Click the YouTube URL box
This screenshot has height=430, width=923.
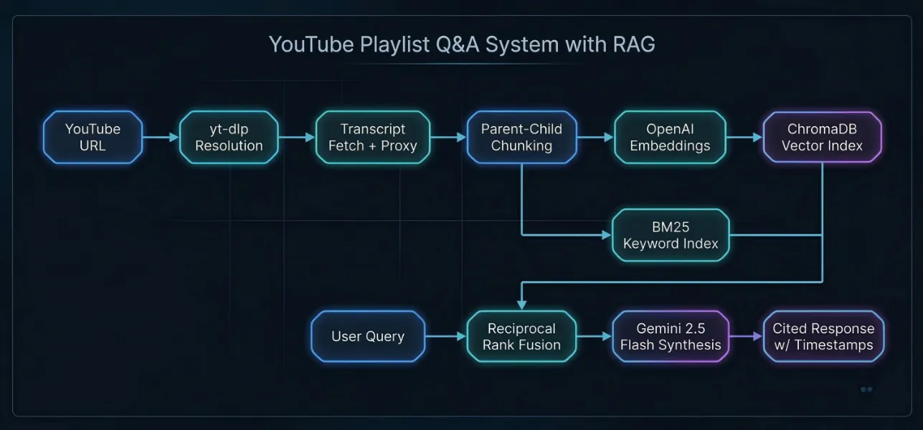point(93,137)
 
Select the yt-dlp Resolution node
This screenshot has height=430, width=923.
point(229,137)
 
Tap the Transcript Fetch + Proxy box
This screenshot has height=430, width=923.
point(372,137)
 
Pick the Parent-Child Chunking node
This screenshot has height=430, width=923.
point(521,137)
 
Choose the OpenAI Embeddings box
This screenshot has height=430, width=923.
point(670,137)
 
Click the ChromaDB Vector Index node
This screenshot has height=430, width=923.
point(822,137)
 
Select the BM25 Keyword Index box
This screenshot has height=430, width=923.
point(671,235)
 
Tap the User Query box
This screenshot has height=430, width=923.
point(368,336)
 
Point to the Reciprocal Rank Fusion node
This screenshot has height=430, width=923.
point(521,336)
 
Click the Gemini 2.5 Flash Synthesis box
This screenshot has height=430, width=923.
point(671,336)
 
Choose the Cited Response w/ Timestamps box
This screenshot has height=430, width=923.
point(823,336)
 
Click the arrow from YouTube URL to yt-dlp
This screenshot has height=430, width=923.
point(161,137)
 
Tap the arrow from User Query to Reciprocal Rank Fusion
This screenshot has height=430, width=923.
point(446,335)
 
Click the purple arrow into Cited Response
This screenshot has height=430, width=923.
point(745,335)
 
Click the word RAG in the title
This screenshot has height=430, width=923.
point(634,44)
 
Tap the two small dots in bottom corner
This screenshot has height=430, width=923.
point(866,389)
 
